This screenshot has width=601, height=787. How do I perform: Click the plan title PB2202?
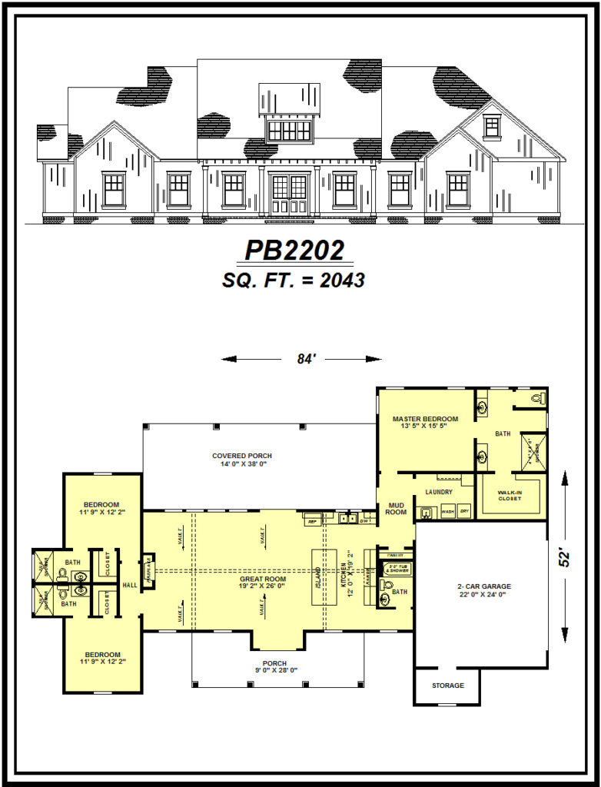(x=294, y=251)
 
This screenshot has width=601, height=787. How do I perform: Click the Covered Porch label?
(x=242, y=456)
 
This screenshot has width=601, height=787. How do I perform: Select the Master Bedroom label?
(x=425, y=419)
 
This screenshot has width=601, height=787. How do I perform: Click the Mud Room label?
(x=396, y=507)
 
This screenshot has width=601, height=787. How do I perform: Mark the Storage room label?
(x=447, y=685)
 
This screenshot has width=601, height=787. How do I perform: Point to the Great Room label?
(x=262, y=579)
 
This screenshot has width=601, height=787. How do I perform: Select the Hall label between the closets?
(x=128, y=585)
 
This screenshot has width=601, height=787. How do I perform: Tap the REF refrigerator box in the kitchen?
(x=312, y=521)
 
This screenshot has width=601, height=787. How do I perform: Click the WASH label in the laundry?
(x=447, y=511)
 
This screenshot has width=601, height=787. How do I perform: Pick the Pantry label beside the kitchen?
(x=395, y=554)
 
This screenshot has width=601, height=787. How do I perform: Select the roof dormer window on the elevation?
(x=289, y=130)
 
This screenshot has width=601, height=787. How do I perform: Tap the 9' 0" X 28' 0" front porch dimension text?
(x=274, y=671)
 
